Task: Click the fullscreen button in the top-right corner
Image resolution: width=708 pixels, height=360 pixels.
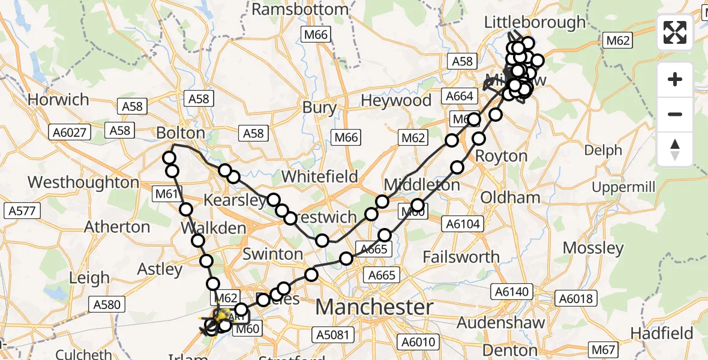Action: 675,32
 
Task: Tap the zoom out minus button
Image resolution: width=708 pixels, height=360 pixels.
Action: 675,114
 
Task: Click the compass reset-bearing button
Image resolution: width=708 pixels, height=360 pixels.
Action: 675,149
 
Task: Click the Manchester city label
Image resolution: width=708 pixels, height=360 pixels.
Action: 374,307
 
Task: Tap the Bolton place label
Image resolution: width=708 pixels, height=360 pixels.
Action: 181,133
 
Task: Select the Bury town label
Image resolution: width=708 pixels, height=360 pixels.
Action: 319,107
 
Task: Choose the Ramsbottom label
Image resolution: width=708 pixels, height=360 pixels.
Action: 300,10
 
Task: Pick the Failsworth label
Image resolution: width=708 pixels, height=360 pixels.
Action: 461,257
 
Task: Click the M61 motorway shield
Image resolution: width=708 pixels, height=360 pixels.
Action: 166,194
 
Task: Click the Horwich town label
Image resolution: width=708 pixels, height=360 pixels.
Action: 58,99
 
